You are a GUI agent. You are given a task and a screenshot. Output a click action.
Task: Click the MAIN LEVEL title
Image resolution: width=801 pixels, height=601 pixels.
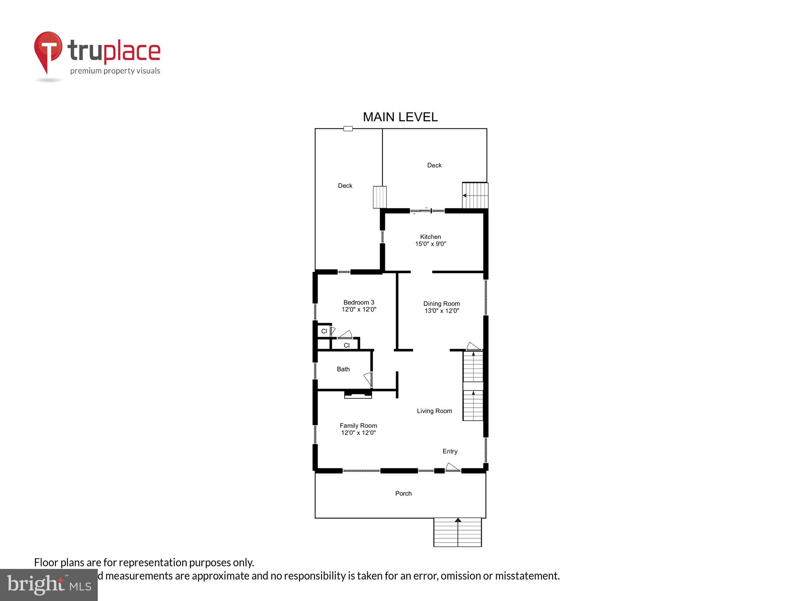400,117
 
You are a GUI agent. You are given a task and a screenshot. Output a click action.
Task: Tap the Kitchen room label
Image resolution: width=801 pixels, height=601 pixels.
430,237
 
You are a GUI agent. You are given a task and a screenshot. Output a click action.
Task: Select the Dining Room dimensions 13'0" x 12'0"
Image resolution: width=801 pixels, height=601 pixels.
442,311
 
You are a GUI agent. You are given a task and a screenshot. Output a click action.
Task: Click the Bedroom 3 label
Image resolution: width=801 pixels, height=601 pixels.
359,302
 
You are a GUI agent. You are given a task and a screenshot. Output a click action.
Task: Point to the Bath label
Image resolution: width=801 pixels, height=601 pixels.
343,369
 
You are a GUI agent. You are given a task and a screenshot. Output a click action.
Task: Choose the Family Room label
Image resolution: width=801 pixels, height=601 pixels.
358,426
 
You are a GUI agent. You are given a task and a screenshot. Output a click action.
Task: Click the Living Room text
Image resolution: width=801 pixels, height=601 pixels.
434,411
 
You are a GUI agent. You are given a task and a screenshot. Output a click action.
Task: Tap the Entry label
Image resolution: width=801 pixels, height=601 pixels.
450,452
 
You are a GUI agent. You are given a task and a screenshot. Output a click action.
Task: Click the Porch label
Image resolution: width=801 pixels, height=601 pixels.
403,494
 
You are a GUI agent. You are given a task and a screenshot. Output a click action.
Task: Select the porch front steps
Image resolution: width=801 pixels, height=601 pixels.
457,532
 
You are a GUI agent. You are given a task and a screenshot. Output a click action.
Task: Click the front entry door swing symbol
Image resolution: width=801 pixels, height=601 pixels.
452,467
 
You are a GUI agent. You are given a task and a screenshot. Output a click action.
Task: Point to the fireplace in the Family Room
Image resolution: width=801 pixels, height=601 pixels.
357,394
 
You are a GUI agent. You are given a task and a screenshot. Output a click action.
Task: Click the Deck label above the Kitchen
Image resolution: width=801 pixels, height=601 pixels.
434,166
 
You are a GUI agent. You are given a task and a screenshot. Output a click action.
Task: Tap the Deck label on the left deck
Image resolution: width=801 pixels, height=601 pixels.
345,186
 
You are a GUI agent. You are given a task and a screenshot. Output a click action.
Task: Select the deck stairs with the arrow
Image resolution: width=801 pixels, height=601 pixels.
475,196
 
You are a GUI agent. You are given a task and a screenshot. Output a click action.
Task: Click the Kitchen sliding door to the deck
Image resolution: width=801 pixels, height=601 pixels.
427,211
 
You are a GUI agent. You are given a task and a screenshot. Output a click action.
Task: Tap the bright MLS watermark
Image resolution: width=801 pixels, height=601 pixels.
49,585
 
